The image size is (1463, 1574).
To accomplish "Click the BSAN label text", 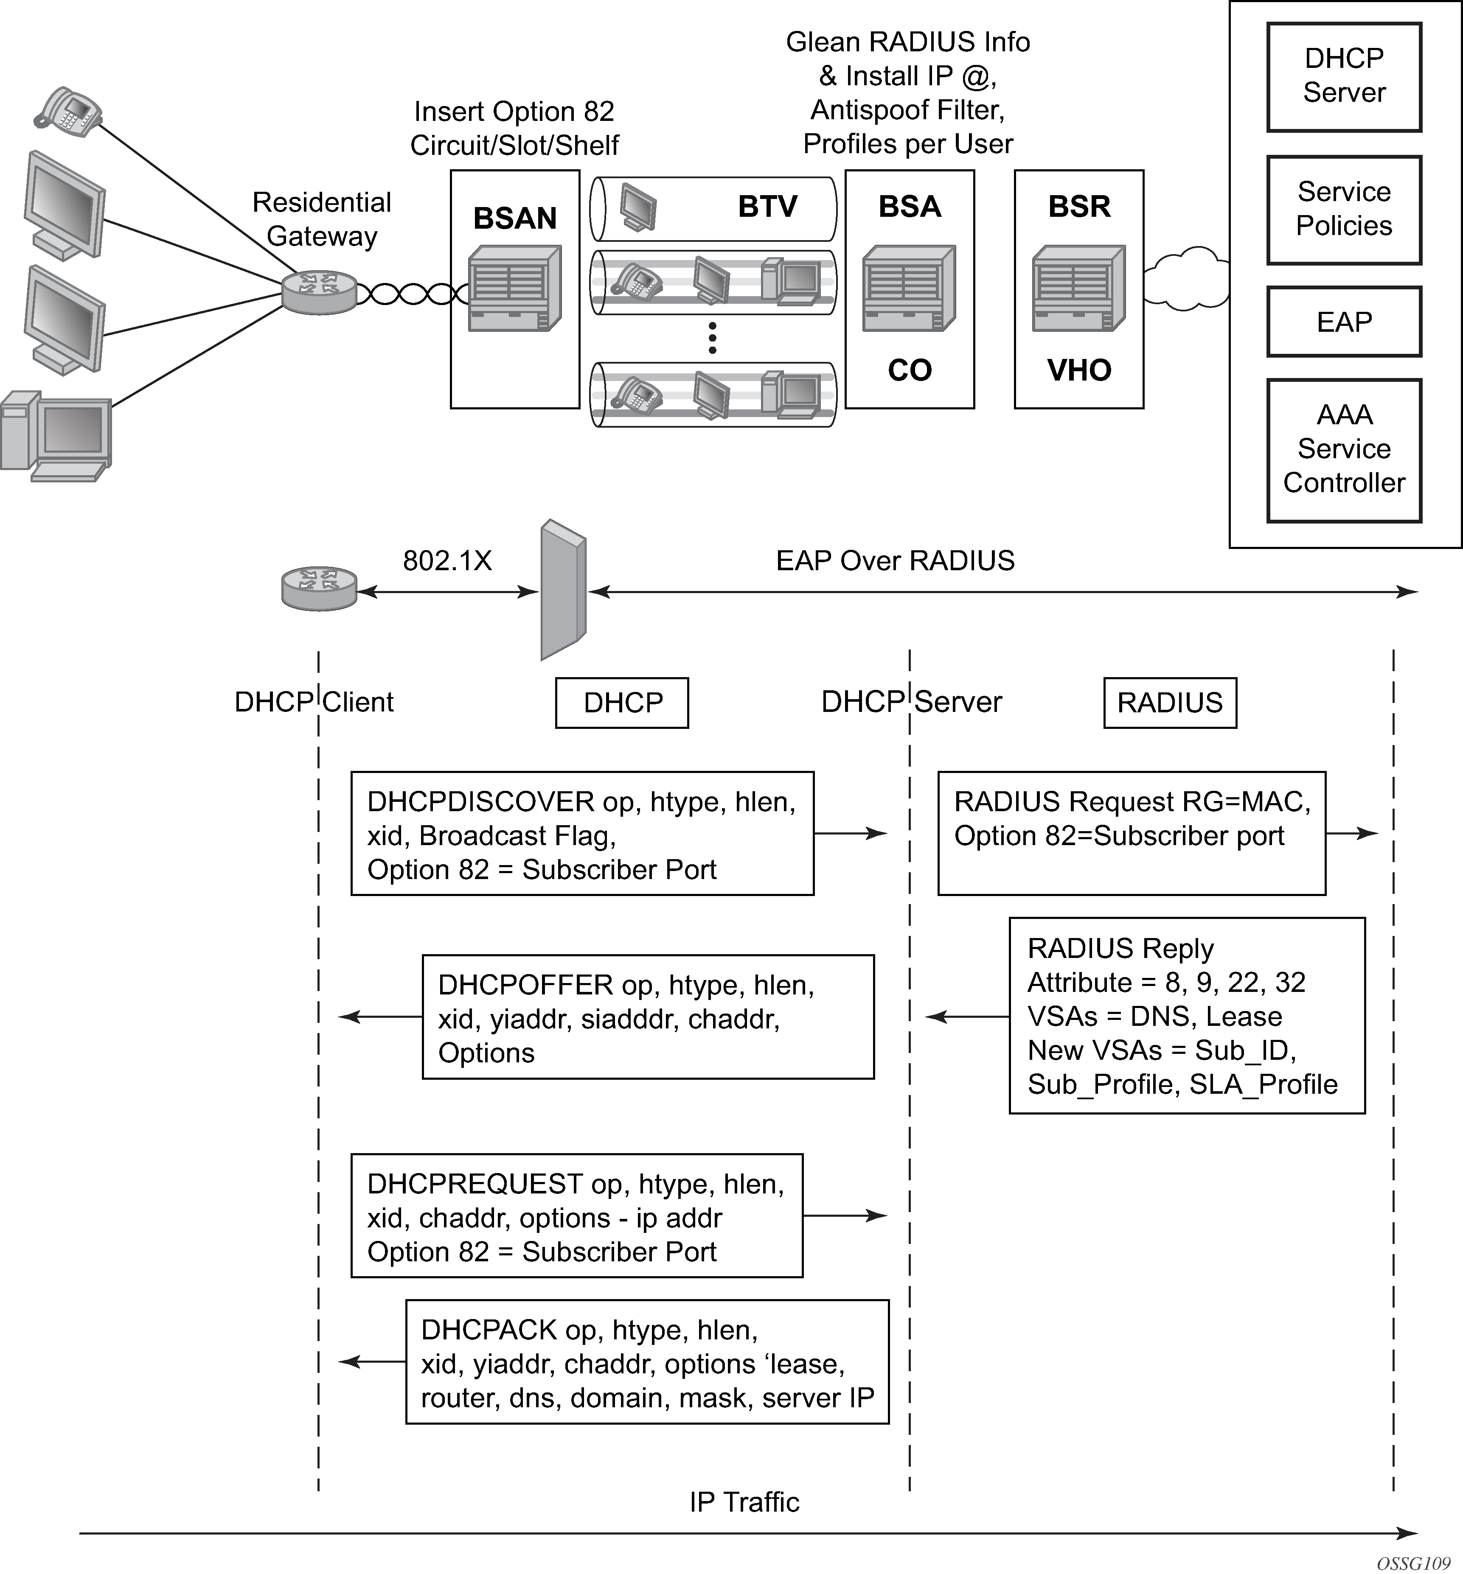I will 514,218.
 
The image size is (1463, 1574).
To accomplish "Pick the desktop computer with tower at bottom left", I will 56,435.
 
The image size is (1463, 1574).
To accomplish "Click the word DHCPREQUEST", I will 475,1184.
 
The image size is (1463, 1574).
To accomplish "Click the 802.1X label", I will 447,560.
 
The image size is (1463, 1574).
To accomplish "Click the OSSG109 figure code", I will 1412,1563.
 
